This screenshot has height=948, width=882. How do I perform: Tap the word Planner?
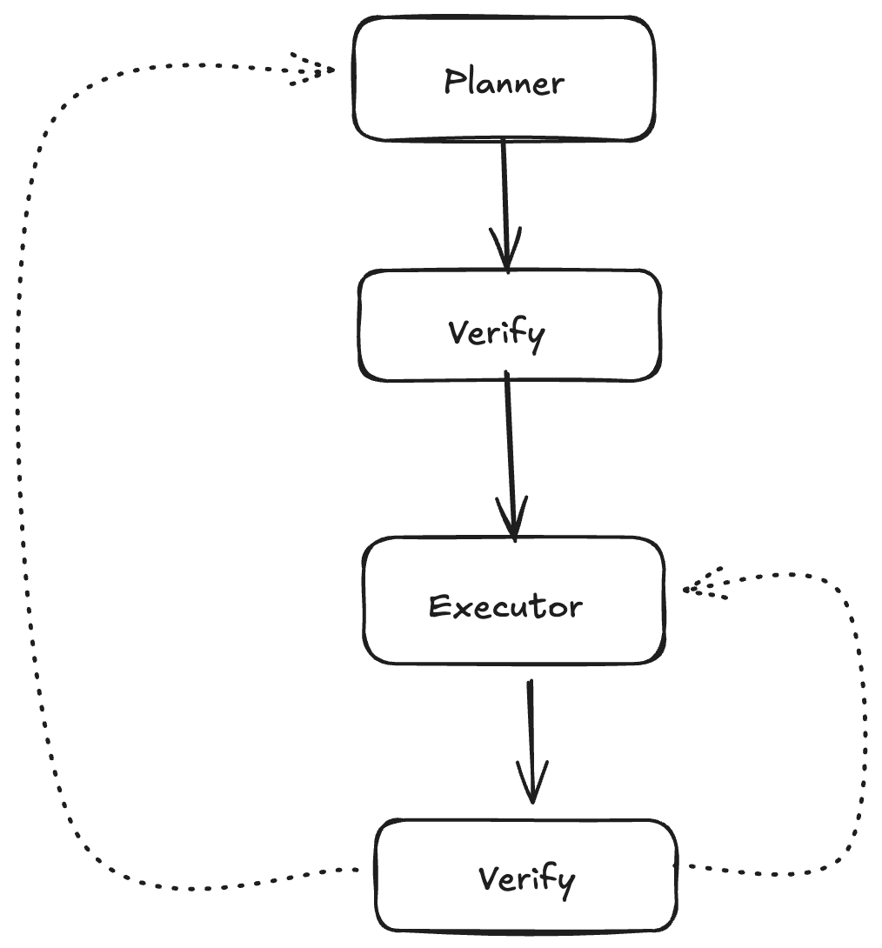(x=504, y=83)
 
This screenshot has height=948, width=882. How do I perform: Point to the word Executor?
(x=505, y=606)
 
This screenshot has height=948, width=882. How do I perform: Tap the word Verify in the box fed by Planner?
(x=497, y=334)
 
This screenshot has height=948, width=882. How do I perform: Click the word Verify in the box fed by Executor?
(x=526, y=879)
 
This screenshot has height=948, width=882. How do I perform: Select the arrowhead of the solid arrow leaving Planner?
(x=506, y=252)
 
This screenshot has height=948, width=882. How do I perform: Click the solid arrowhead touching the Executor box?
(x=513, y=522)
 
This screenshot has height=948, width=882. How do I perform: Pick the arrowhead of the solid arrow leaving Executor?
(x=531, y=783)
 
